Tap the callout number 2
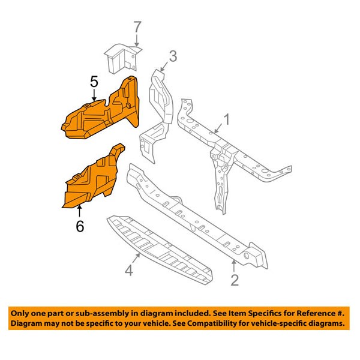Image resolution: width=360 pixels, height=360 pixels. tap(235, 280)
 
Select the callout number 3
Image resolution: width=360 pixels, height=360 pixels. tap(172, 57)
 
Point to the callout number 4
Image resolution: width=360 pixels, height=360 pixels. tap(129, 272)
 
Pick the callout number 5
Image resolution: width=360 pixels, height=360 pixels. tap(94, 80)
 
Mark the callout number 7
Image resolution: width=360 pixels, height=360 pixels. tap(137, 27)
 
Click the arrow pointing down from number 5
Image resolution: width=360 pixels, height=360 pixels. tap(94, 95)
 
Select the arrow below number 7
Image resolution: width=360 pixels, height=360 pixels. tap(137, 40)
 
